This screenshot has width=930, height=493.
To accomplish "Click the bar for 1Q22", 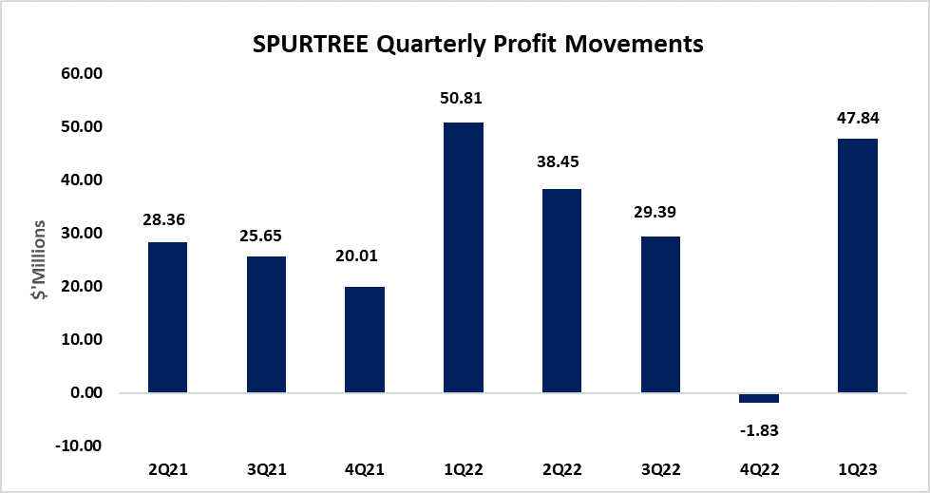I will pos(463,256).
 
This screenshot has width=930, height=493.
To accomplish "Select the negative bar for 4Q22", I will pos(759,397).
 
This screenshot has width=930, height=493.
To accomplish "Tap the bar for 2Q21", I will pos(167,317).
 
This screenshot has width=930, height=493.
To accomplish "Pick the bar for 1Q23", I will pos(858,265).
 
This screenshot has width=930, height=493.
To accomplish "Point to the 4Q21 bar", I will pos(365,339).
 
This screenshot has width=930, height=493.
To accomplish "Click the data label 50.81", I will pos(463,98).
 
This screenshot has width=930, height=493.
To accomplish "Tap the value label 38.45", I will pos(561,162).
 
